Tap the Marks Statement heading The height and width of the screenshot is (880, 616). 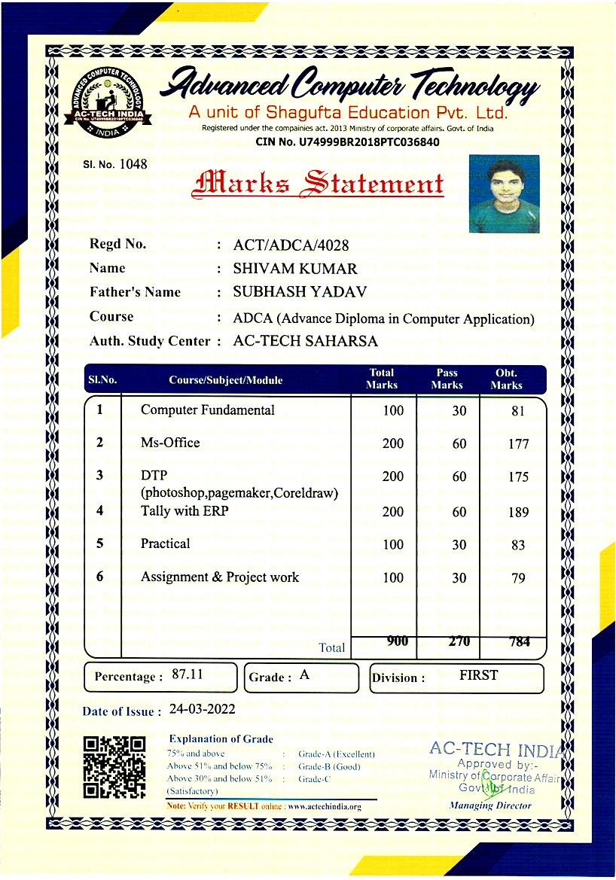pyautogui.click(x=319, y=184)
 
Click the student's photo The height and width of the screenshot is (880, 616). pyautogui.click(x=504, y=193)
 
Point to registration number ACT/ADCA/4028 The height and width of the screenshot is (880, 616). pyautogui.click(x=291, y=245)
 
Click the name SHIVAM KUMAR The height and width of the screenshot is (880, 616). pyautogui.click(x=295, y=269)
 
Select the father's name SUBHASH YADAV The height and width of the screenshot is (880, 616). pyautogui.click(x=299, y=292)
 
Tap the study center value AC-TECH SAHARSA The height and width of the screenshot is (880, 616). pyautogui.click(x=306, y=341)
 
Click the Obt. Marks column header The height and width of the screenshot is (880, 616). pyautogui.click(x=506, y=379)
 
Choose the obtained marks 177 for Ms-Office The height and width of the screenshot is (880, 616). pyautogui.click(x=518, y=444)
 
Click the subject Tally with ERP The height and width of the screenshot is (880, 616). pyautogui.click(x=184, y=511)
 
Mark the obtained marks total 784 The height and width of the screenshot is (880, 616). pyautogui.click(x=519, y=642)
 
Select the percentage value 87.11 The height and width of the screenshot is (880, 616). pyautogui.click(x=188, y=674)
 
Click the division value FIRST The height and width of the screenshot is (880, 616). pyautogui.click(x=478, y=675)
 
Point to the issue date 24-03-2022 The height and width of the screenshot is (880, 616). pyautogui.click(x=203, y=709)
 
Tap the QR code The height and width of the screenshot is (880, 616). pyautogui.click(x=114, y=767)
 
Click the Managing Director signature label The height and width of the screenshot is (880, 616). pyautogui.click(x=490, y=805)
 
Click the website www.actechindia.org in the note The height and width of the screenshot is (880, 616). pyautogui.click(x=325, y=807)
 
